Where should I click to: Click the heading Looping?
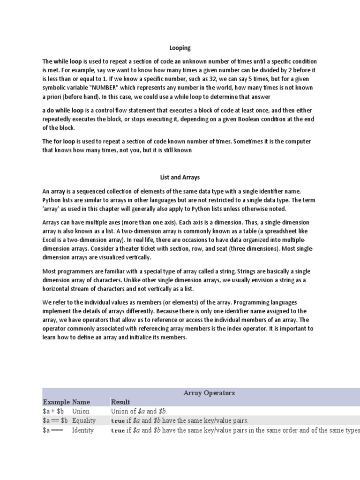pos(180,48)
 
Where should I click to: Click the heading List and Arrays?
pos(180,178)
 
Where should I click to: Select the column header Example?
pos(56,402)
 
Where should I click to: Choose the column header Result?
pos(120,402)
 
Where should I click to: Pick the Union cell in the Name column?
pos(81,411)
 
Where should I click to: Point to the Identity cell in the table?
pos(83,430)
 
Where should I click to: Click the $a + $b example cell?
pos(55,411)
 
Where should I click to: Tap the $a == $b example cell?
pos(55,420)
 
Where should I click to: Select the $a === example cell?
pos(52,430)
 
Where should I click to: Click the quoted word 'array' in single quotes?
pos(52,209)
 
